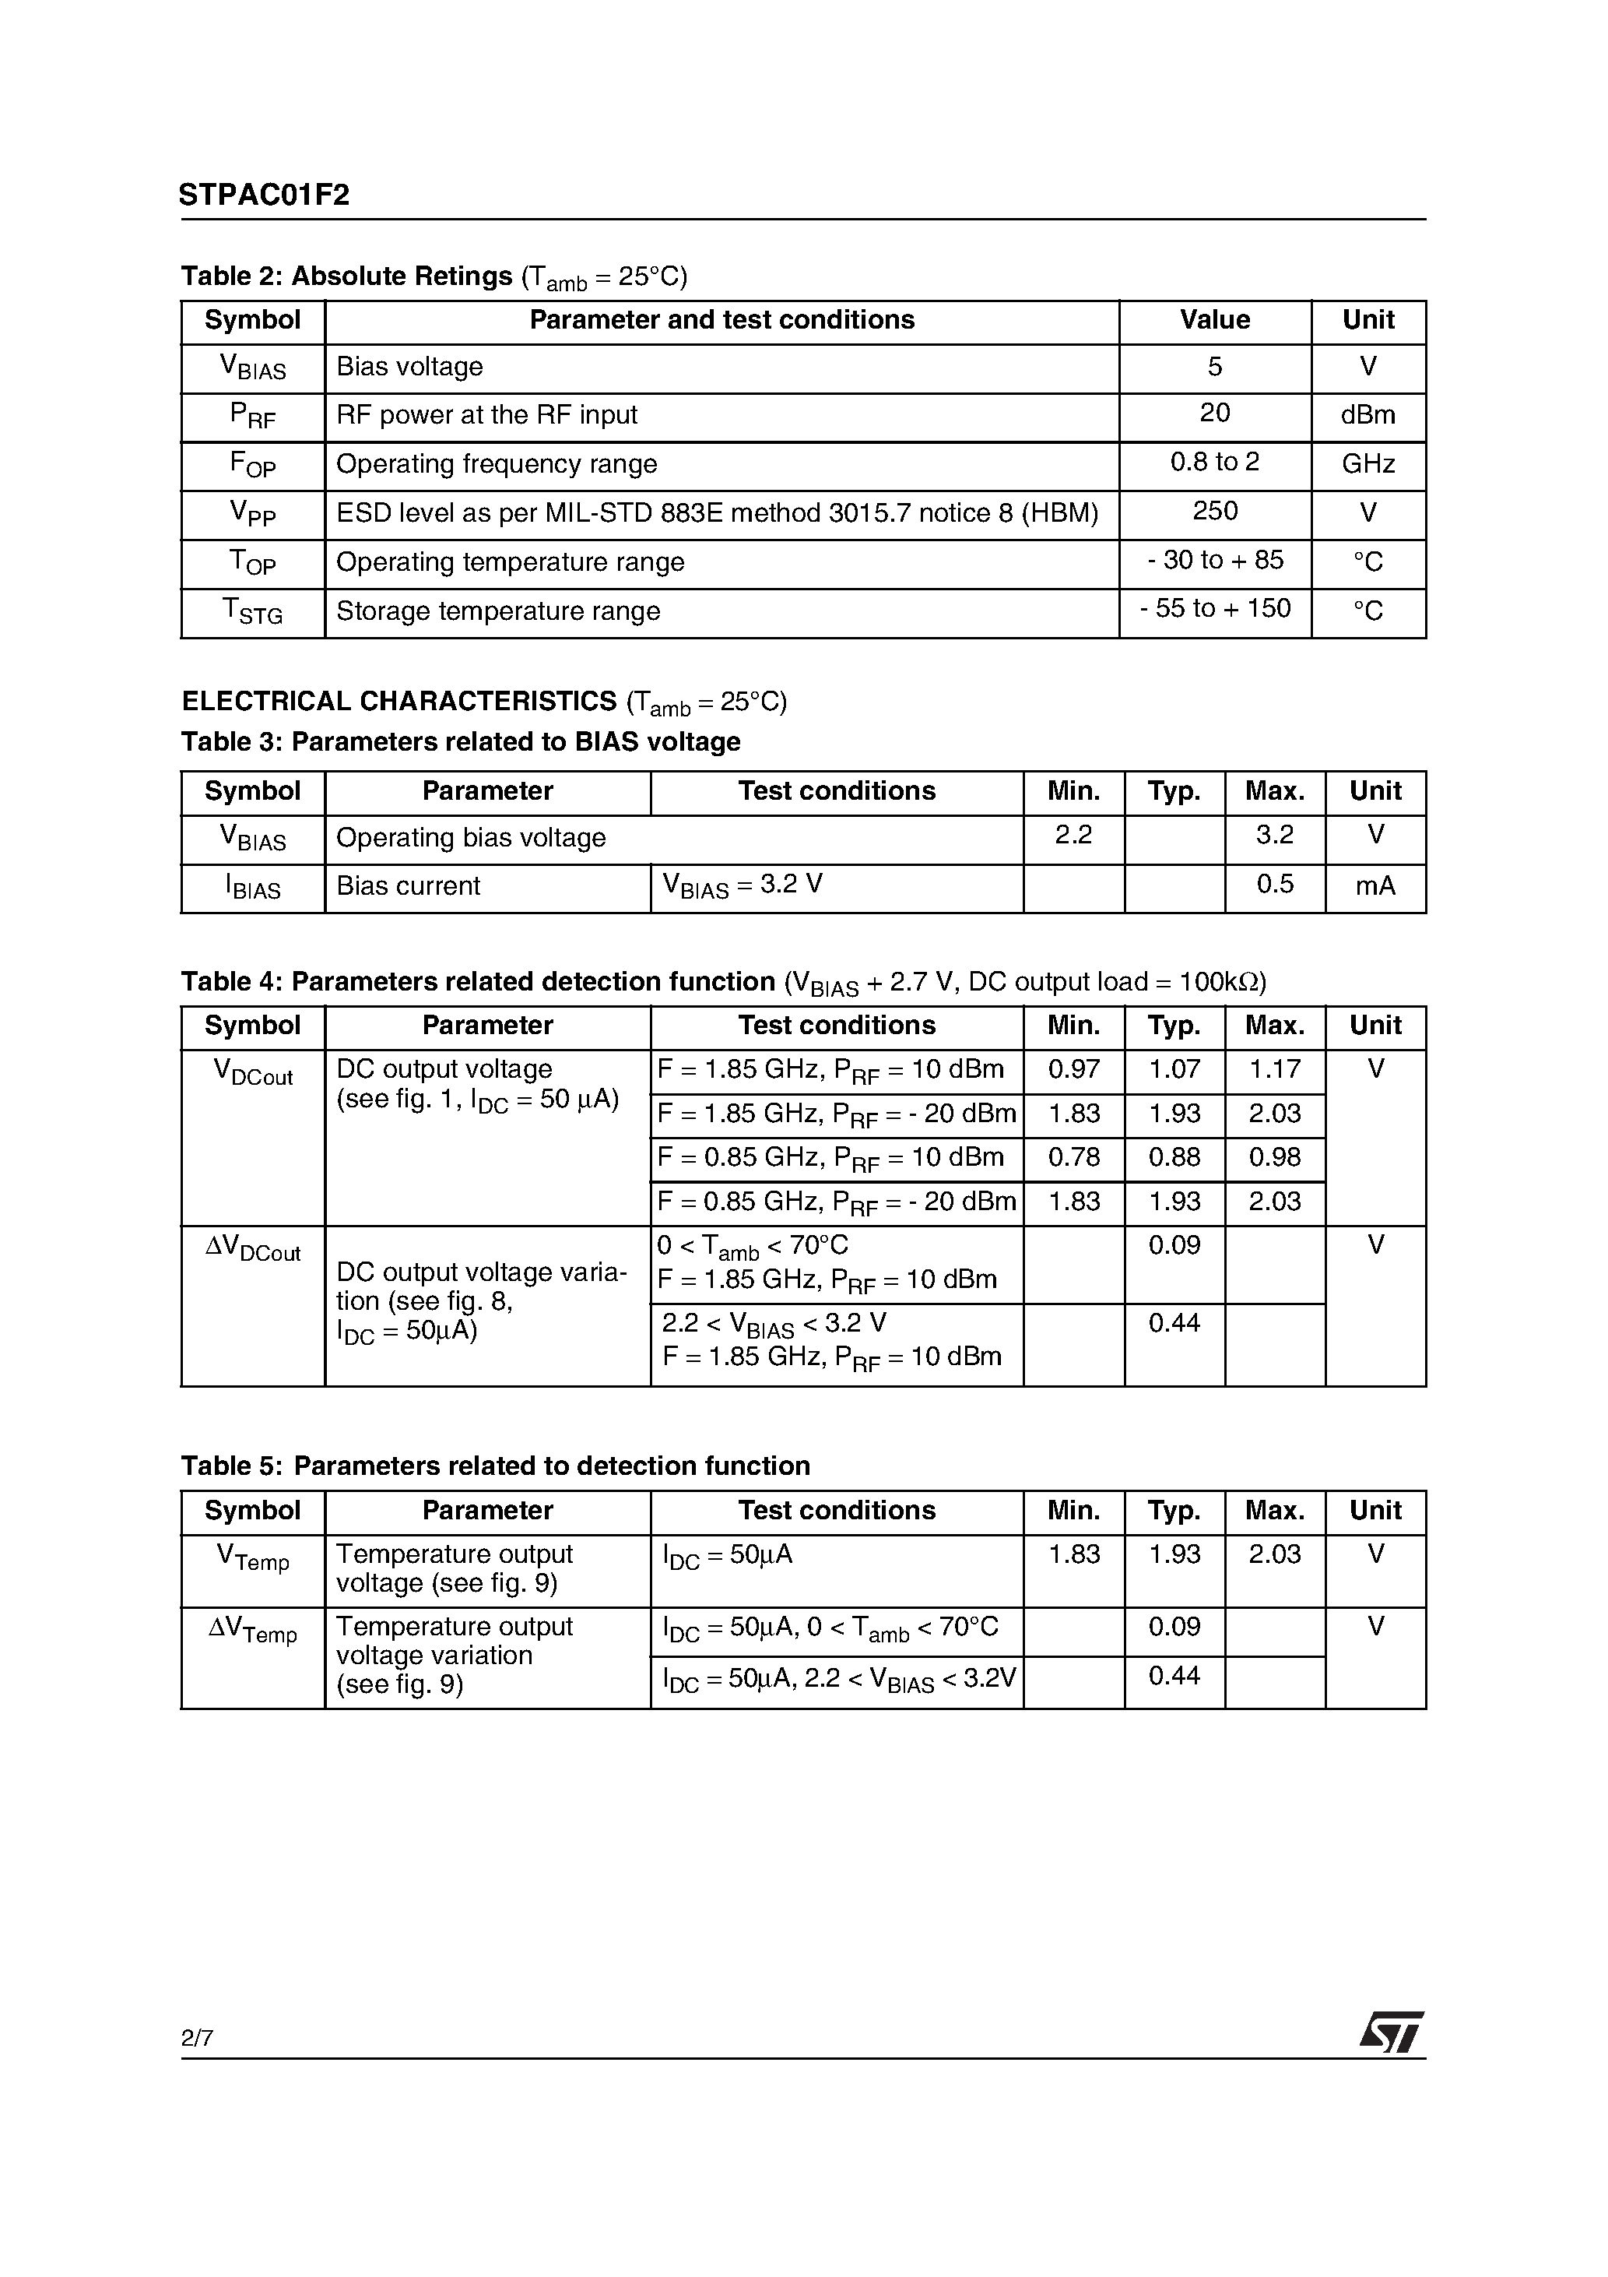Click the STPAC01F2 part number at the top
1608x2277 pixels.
pos(264,195)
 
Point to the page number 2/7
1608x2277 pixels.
pos(196,2038)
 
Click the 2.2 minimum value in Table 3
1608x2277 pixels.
pos(1073,835)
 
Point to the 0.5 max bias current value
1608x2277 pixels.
pos(1274,884)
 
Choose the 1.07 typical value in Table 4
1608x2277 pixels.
pos(1174,1069)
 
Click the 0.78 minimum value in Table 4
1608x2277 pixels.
pos(1073,1157)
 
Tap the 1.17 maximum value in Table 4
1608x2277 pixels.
pos(1274,1069)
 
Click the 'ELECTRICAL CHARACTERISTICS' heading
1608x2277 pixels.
pos(398,701)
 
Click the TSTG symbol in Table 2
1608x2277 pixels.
pos(253,611)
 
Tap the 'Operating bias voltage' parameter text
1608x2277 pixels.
pos(471,838)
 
